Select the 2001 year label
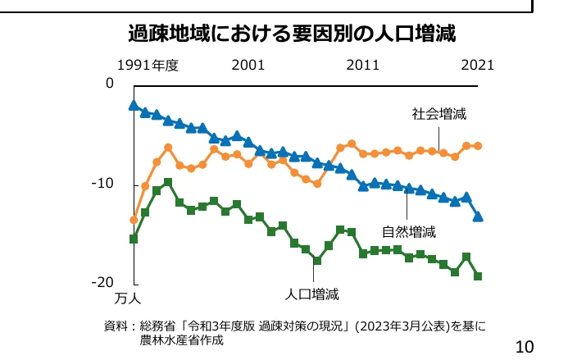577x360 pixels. (248, 65)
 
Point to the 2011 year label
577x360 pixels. (362, 65)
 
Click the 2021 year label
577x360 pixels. (477, 65)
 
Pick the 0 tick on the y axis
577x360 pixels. (109, 84)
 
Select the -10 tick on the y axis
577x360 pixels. (102, 184)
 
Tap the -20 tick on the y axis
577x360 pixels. (102, 282)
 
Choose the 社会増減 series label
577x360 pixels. (439, 114)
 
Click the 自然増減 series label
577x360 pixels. (408, 231)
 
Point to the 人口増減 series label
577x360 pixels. (311, 293)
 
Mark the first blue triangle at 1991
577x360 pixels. (134, 105)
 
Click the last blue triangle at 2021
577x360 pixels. (478, 216)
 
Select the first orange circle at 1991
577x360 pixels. (134, 220)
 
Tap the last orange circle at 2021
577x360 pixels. (478, 146)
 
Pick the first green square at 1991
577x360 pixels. (134, 239)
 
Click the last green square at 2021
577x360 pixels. (478, 276)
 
